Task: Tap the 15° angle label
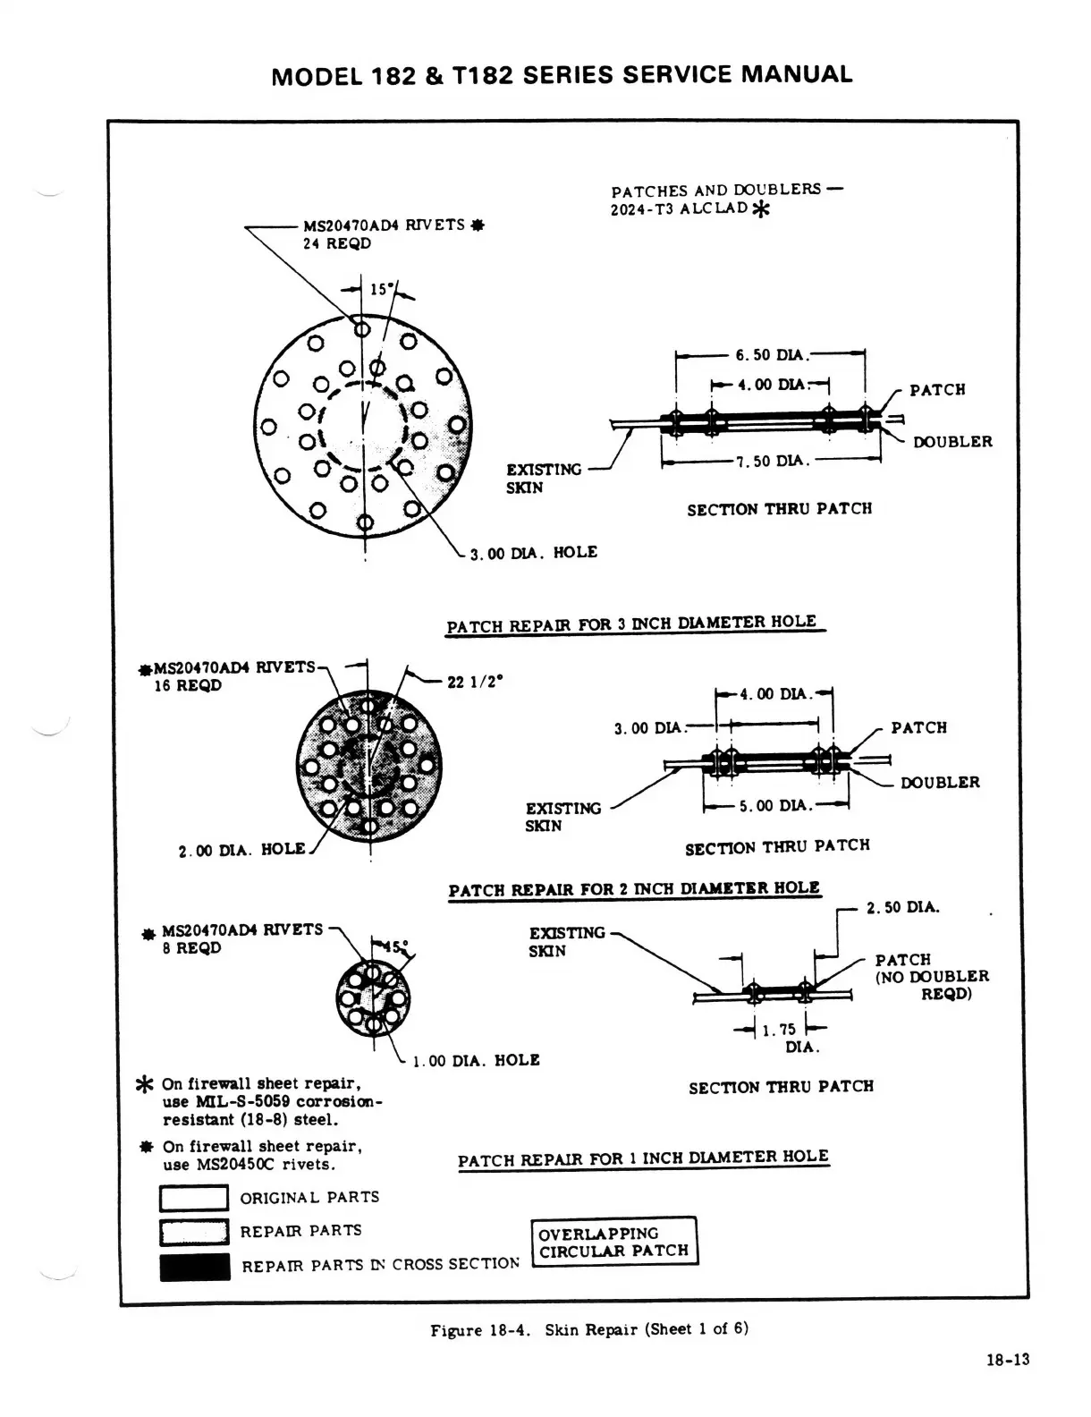380,289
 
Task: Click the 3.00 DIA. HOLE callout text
533,553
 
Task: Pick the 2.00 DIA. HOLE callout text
241,850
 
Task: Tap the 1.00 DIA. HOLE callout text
476,1061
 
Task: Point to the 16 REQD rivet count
188,686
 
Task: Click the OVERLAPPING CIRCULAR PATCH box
613,1242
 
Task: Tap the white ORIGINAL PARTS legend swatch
193,1198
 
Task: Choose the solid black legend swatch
194,1267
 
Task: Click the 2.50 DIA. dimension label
902,908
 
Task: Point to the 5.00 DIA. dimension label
774,806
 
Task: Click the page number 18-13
1008,1361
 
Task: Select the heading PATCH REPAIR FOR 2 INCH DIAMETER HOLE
633,889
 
